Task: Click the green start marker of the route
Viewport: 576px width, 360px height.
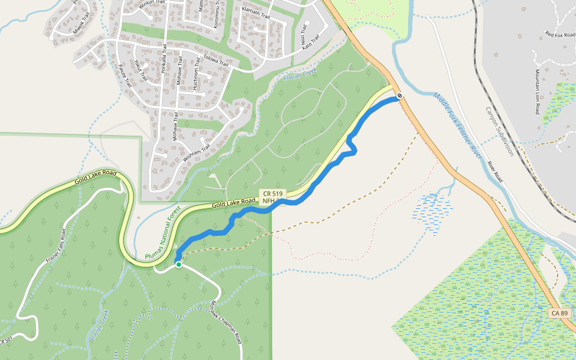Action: pos(178,264)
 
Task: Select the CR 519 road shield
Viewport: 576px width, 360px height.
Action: pos(272,194)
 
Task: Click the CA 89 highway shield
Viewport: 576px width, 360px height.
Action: pos(559,313)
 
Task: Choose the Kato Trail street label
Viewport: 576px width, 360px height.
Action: pos(311,42)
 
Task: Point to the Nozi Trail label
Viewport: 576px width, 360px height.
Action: pos(302,40)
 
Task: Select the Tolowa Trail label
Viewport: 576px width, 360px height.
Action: pos(217,62)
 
